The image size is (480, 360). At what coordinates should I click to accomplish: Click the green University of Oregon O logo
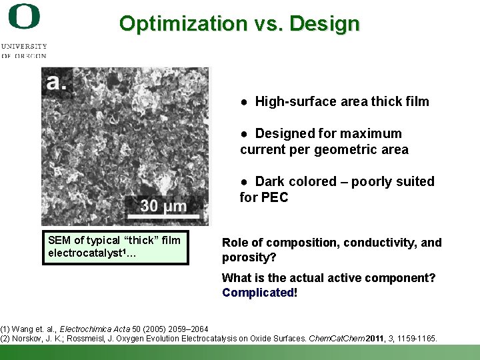click(24, 17)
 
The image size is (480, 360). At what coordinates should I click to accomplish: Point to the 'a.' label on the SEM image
click(57, 82)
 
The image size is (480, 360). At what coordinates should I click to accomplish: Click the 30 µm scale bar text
click(163, 205)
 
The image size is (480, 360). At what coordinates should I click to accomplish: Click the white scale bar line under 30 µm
click(164, 216)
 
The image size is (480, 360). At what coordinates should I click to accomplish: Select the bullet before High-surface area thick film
click(245, 102)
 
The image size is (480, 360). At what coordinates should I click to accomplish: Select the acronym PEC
click(274, 197)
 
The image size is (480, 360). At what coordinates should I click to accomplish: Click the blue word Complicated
click(257, 292)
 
